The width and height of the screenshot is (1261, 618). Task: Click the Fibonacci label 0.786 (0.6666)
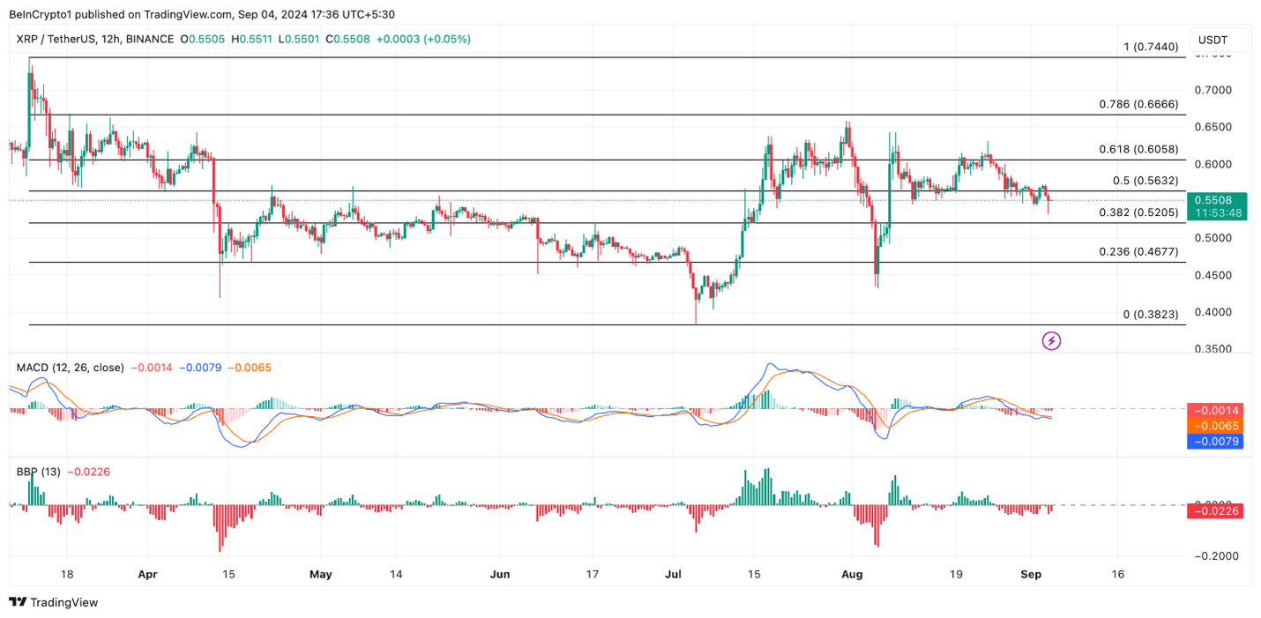point(1138,104)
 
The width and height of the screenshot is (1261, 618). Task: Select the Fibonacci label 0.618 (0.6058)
point(1138,149)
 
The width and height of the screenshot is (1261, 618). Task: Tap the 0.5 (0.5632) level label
point(1145,181)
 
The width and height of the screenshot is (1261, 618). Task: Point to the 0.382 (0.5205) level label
point(1138,212)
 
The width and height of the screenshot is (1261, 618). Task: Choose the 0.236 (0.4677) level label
point(1138,251)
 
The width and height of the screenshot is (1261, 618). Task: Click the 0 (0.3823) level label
point(1150,314)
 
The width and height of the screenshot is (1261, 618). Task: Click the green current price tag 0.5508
point(1218,200)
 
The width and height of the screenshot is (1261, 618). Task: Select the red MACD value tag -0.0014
point(1218,410)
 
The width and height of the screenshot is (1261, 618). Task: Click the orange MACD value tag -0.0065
point(1218,426)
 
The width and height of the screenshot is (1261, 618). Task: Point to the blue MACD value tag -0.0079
point(1218,441)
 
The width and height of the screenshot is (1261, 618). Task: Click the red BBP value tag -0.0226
point(1218,510)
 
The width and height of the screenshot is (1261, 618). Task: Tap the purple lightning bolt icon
point(1051,340)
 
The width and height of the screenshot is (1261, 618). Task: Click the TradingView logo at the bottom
point(54,602)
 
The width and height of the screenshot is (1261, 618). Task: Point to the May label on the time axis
point(321,574)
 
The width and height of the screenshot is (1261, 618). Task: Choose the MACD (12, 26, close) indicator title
point(71,366)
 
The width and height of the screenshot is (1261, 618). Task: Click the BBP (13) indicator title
point(38,472)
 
